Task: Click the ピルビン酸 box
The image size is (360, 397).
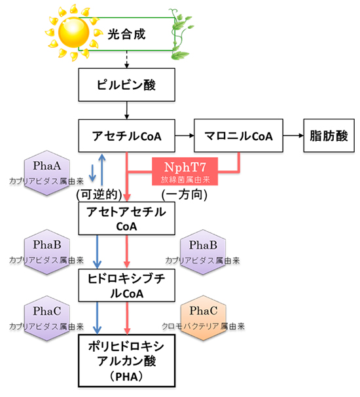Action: (126, 85)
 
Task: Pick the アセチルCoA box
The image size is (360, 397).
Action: (127, 136)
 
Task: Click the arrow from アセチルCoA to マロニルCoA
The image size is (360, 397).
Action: (186, 136)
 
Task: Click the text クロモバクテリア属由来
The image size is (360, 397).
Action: (202, 325)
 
